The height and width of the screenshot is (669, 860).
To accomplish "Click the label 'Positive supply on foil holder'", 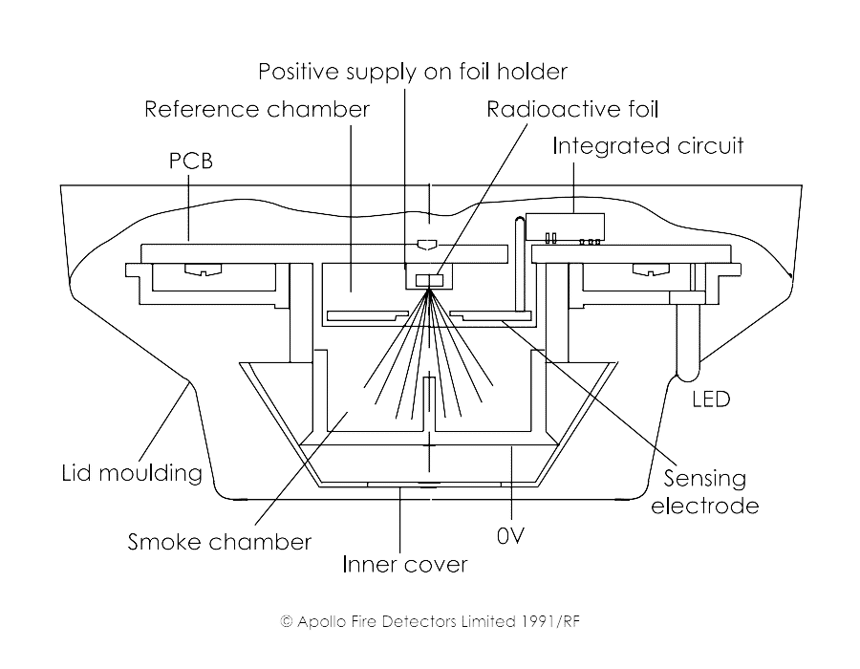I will point(413,72).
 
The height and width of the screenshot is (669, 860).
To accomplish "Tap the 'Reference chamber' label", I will point(256,109).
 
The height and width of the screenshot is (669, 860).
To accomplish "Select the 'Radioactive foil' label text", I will point(572,109).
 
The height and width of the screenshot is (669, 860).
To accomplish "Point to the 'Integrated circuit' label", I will point(647,146).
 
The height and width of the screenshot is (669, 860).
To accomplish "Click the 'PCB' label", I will point(184,162).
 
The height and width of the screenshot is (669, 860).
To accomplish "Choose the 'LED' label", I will point(710,399).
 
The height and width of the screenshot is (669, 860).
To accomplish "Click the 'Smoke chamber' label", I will point(220,543).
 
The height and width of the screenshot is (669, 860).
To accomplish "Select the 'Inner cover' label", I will point(405,565).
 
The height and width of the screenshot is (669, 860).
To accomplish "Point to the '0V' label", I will point(511,537).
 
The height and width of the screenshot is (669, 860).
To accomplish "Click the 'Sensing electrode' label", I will point(705,491).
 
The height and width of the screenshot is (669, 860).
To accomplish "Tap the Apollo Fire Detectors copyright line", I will point(430,620).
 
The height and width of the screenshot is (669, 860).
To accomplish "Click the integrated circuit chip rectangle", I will point(565,225).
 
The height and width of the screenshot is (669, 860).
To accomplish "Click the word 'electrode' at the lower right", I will point(705,506).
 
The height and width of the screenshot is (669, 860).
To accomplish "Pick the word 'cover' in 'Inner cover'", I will point(437,565).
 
